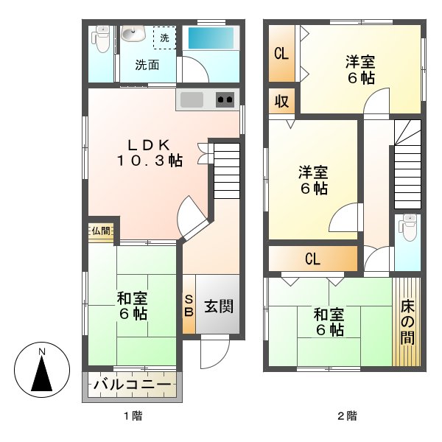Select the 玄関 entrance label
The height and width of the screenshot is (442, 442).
click(219, 305)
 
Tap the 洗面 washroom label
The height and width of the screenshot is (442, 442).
click(147, 65)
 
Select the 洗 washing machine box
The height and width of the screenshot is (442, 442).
click(164, 38)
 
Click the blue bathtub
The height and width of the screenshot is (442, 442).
click(210, 38)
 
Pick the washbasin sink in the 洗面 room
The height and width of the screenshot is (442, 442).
click(133, 34)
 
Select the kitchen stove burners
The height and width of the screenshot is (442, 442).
click(225, 99)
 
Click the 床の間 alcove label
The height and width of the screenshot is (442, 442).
click(407, 321)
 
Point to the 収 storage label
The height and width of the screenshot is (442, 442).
click(281, 101)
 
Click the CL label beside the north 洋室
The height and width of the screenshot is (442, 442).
click(281, 54)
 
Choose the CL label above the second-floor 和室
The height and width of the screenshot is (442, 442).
click(312, 259)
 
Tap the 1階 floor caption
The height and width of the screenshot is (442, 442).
click(133, 416)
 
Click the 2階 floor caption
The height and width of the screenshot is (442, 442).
click(347, 416)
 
